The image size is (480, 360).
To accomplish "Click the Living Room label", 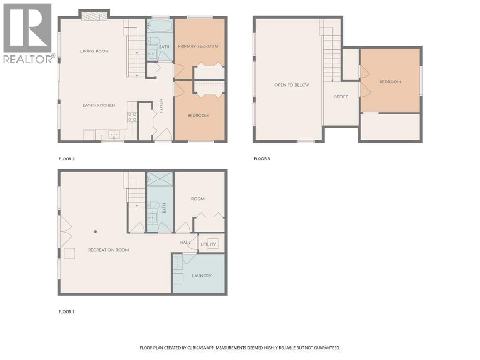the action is pyautogui.click(x=94, y=52).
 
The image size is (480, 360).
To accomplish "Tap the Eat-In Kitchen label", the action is pyautogui.click(x=99, y=105).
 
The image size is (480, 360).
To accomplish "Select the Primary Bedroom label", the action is pyautogui.click(x=198, y=46).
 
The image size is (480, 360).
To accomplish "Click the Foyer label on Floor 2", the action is pyautogui.click(x=161, y=105).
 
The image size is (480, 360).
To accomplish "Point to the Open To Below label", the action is pyautogui.click(x=292, y=85).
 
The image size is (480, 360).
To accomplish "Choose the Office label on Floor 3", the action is pyautogui.click(x=341, y=97).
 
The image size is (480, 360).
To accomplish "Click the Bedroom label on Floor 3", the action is pyautogui.click(x=390, y=82).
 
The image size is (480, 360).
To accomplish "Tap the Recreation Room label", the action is pyautogui.click(x=108, y=250).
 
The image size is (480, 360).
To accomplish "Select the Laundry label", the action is pyautogui.click(x=201, y=276).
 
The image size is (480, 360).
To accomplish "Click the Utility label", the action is pyautogui.click(x=208, y=244).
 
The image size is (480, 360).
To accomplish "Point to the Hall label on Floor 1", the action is pyautogui.click(x=185, y=242).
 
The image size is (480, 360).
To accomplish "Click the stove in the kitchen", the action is pyautogui.click(x=132, y=117).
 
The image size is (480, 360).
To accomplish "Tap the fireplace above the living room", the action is pyautogui.click(x=94, y=16).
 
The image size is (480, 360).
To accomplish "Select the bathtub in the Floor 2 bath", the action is pyautogui.click(x=160, y=26).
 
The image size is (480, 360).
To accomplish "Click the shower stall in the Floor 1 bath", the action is pyautogui.click(x=160, y=179).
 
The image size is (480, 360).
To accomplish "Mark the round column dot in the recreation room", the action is pyautogui.click(x=96, y=232).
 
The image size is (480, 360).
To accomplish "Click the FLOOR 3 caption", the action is pyautogui.click(x=262, y=159).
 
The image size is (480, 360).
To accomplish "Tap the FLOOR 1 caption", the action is pyautogui.click(x=67, y=312).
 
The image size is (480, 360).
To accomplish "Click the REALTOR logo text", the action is pyautogui.click(x=28, y=59).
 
